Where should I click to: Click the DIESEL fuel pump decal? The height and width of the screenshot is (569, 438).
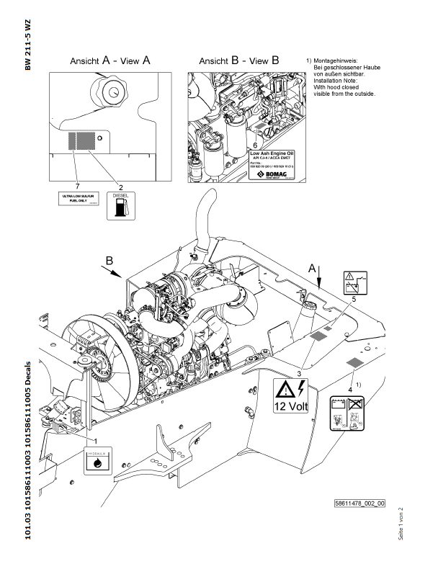(120, 205)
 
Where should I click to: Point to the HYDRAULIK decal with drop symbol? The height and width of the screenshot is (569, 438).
(97, 462)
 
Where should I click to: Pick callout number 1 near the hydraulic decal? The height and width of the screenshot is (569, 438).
(96, 438)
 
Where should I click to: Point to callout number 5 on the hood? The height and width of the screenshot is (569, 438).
(354, 297)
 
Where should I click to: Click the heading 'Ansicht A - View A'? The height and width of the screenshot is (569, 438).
(109, 61)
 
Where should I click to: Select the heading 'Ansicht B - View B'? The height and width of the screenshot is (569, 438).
(238, 61)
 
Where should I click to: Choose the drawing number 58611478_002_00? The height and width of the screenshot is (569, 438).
(359, 504)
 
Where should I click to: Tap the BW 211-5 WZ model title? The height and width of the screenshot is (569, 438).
(28, 44)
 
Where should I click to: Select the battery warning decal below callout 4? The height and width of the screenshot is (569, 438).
(344, 414)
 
